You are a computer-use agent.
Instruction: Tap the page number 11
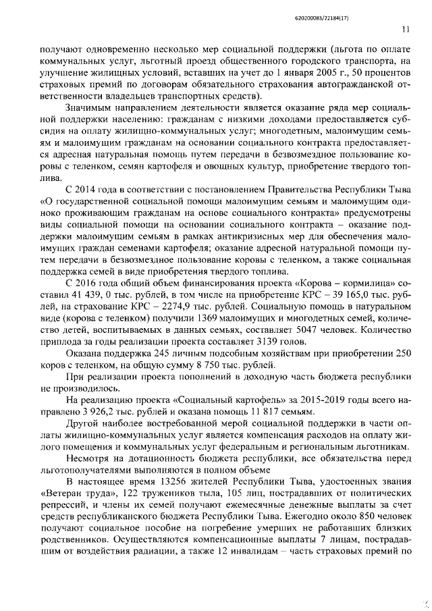click(405, 29)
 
